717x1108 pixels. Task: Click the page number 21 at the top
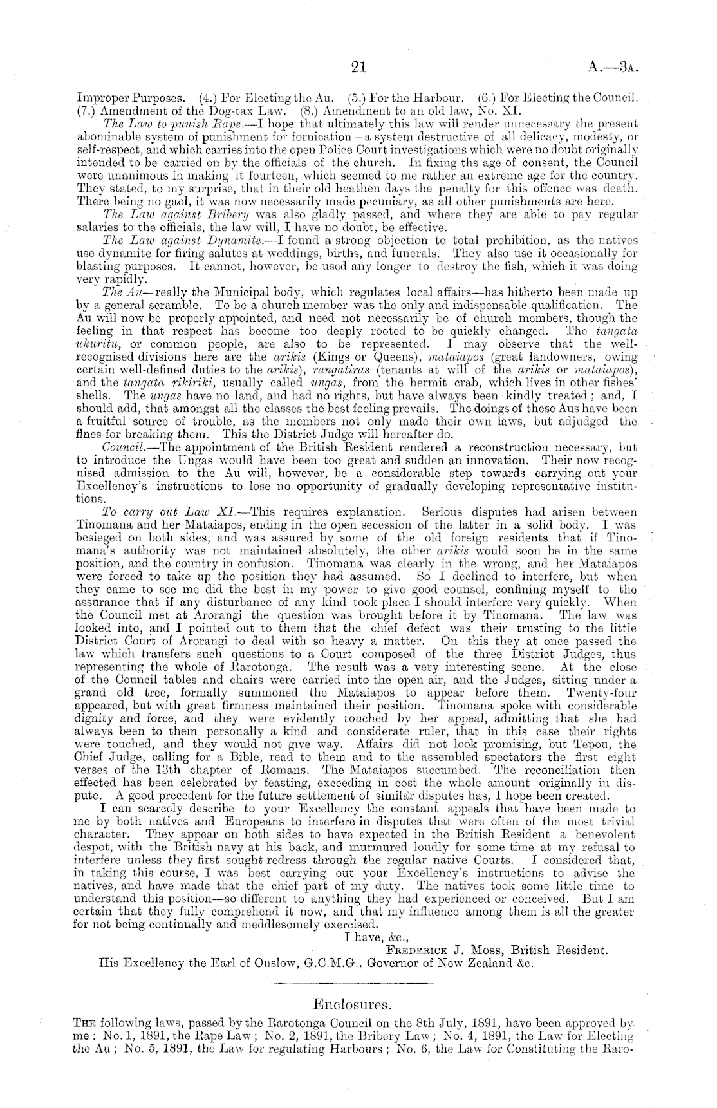pyautogui.click(x=358, y=66)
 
